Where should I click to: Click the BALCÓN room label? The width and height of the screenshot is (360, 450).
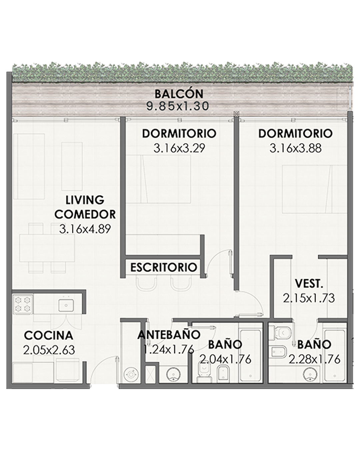click(179, 94)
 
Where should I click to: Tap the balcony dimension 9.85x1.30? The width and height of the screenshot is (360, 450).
click(178, 106)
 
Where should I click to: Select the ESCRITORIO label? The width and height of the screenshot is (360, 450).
click(164, 267)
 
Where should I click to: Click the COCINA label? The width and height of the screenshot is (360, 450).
click(49, 335)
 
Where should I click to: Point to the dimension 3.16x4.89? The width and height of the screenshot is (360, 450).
click(85, 229)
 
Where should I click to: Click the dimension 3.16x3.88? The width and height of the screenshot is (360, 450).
click(295, 148)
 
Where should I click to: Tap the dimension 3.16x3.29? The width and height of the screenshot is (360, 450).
click(179, 148)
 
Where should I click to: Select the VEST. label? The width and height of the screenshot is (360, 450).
click(309, 284)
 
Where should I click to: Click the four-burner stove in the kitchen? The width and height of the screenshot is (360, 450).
click(23, 304)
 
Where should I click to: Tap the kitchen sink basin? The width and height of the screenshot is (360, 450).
click(66, 305)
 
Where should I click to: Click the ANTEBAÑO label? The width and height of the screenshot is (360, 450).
click(169, 335)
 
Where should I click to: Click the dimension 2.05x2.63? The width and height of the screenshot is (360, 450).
click(49, 350)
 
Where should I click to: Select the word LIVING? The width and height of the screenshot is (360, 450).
click(85, 200)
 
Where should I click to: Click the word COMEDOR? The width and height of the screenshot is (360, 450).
click(85, 214)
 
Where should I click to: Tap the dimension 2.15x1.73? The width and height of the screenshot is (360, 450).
click(309, 298)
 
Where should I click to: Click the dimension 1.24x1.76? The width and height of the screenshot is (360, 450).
click(169, 349)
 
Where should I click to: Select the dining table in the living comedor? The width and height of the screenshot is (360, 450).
click(47, 248)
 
